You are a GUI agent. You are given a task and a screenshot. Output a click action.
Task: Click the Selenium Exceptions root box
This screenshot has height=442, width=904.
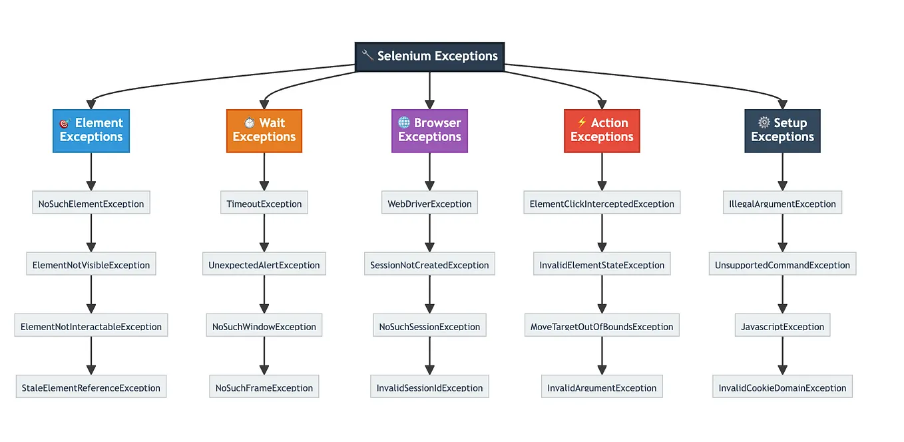(x=429, y=57)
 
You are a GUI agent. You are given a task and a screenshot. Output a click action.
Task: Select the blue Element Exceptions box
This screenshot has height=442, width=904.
(x=91, y=130)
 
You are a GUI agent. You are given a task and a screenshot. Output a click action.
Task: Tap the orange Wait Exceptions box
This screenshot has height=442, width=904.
(x=264, y=130)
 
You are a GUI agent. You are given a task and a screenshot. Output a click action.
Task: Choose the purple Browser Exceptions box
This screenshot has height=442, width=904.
(x=429, y=130)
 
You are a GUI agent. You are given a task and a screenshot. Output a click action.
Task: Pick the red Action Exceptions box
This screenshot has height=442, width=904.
(x=602, y=130)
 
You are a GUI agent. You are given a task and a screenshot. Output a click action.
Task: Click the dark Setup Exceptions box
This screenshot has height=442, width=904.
(x=782, y=130)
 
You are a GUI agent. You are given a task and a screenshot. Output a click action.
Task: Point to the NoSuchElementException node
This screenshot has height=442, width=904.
(x=91, y=203)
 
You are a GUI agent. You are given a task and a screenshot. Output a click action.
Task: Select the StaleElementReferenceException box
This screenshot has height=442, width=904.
(x=91, y=387)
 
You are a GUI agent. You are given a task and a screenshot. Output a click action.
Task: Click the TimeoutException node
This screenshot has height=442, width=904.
(x=264, y=203)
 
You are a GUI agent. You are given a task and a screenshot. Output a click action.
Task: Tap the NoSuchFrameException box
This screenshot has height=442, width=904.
(x=264, y=387)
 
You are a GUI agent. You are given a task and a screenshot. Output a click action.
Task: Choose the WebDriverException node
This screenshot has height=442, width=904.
(x=429, y=203)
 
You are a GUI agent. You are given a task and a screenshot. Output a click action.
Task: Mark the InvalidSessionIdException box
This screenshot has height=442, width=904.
(x=429, y=387)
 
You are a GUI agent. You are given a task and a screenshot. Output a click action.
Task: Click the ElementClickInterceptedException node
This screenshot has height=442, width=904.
(x=602, y=203)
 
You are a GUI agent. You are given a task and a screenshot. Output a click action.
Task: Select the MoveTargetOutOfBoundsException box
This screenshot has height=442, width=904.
(x=602, y=326)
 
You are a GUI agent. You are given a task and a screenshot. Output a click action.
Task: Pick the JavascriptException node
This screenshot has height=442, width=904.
(x=782, y=326)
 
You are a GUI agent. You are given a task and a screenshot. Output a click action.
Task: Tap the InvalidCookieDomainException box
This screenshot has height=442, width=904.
(x=782, y=387)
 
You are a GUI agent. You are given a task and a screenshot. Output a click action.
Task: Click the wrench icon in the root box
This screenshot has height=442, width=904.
(x=367, y=56)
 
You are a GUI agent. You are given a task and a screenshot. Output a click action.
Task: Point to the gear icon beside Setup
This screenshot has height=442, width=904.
(x=764, y=123)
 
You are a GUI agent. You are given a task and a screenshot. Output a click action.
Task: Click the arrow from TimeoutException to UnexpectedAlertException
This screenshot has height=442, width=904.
(x=264, y=233)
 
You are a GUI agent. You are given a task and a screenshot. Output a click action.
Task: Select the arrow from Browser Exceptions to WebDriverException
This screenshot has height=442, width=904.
(x=429, y=172)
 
